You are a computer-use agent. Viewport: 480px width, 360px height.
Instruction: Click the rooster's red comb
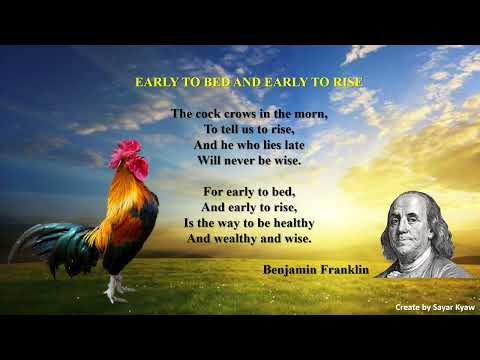(x=129, y=153)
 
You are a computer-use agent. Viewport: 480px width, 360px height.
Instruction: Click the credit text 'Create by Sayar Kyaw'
(x=434, y=307)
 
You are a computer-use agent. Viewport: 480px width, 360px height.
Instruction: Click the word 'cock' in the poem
(x=208, y=114)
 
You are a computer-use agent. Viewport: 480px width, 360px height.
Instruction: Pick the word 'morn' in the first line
(x=309, y=114)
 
